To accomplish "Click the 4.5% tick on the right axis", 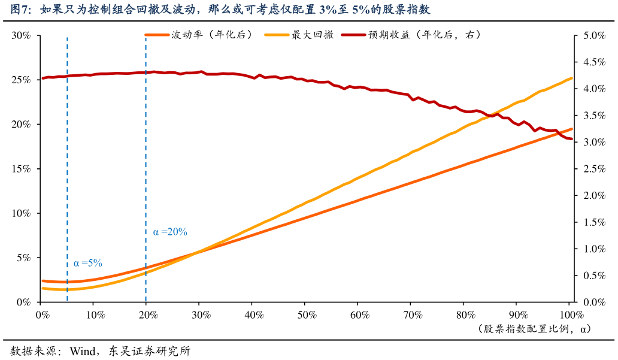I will coord(592,62).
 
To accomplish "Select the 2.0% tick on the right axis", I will coord(592,195).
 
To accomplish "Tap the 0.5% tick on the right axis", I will coord(592,276).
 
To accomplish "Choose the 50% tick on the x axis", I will coord(306,314).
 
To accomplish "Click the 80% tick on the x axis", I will coord(465,314).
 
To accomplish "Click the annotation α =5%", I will coord(88,263).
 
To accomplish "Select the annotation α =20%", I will coord(170,232).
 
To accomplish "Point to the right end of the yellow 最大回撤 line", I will coord(572,78).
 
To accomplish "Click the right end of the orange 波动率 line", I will coord(572,129).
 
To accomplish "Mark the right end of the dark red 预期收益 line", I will coord(572,139).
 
